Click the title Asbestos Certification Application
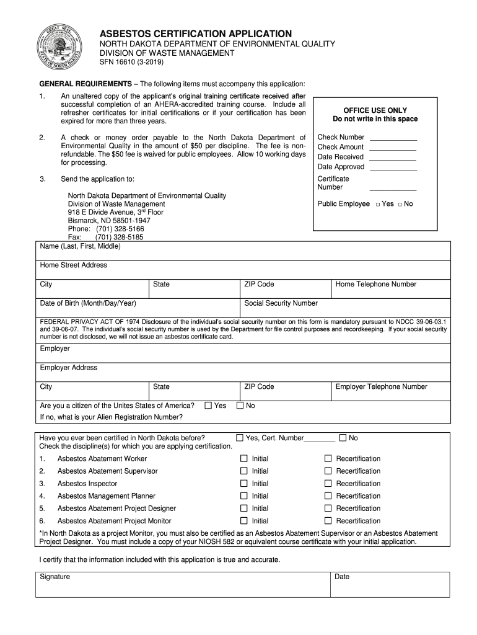coord(196,33)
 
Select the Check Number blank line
coord(393,138)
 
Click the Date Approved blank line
coord(393,167)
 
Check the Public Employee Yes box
coord(378,204)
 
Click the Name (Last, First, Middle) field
coord(242,251)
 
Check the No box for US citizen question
coord(239,406)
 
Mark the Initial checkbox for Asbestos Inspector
coord(243,483)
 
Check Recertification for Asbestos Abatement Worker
coord(328,458)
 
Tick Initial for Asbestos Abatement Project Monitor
coord(243,521)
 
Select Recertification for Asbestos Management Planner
coord(328,496)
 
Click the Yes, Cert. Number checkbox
coord(239,438)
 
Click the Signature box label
coord(55,577)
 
